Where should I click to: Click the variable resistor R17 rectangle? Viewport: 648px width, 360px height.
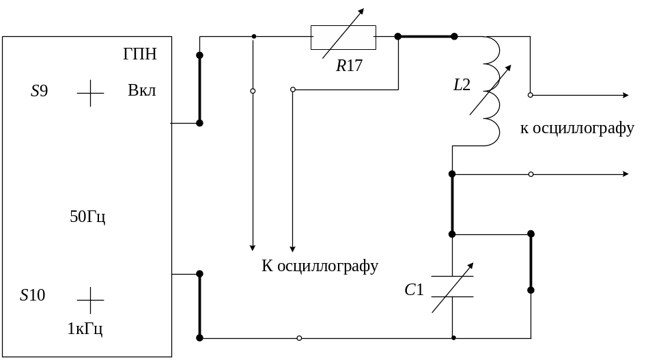(343, 37)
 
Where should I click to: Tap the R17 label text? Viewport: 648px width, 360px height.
(348, 66)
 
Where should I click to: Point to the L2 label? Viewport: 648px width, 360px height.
(462, 85)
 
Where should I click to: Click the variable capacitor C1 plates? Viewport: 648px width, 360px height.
(453, 286)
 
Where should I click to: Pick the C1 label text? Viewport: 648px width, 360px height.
(414, 290)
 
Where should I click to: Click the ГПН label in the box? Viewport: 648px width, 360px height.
(140, 55)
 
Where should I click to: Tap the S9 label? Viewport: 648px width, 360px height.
(40, 91)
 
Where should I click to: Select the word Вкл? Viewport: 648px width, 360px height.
(142, 91)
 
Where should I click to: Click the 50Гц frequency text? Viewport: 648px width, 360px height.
(87, 217)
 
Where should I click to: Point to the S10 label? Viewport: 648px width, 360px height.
(33, 296)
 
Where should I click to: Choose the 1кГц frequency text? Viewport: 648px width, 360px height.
(85, 329)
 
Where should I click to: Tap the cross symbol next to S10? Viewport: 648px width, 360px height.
(90, 299)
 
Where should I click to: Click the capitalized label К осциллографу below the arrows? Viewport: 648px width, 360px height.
(320, 265)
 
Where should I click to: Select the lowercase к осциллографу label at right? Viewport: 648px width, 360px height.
(578, 128)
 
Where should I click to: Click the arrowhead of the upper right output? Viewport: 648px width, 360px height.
(622, 95)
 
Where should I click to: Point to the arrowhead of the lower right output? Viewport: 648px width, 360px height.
(622, 174)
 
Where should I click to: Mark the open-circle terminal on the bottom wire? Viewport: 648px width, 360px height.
(299, 338)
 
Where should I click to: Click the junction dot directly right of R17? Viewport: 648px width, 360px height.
(398, 36)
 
